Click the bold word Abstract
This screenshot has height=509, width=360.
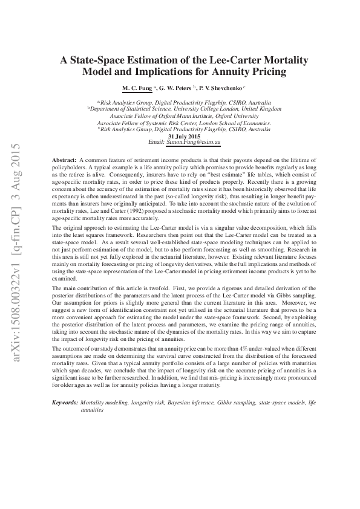click(64, 158)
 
